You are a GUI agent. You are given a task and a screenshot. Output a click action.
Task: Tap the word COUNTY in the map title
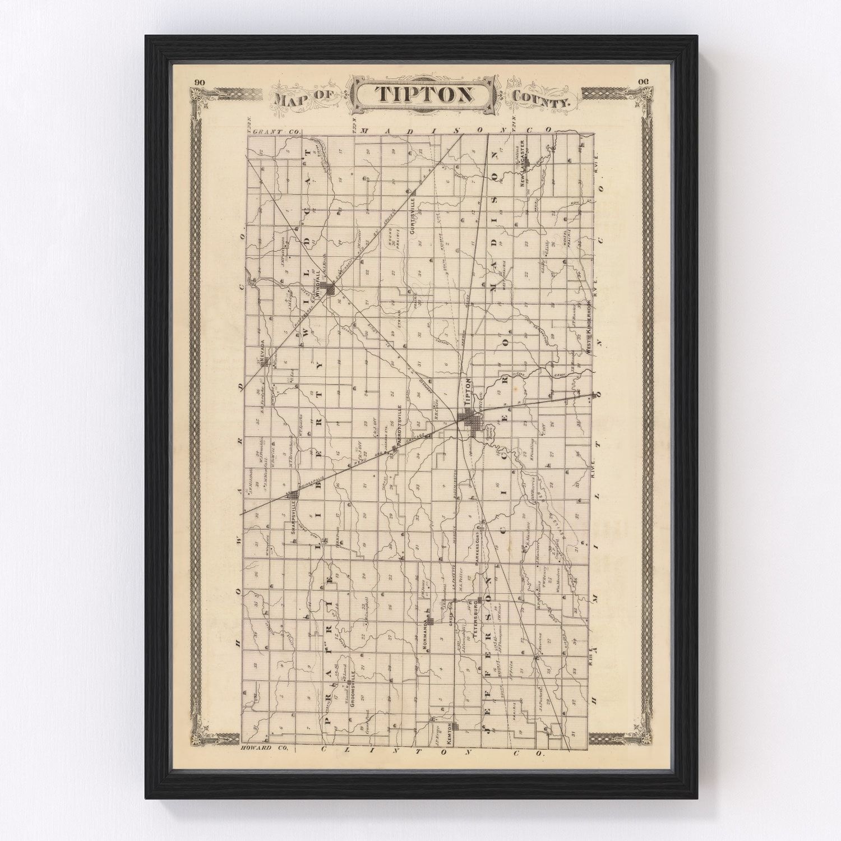pos(540,100)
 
